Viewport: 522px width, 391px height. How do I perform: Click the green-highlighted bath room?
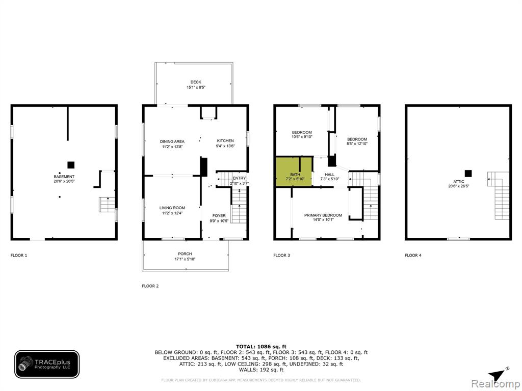tap(294, 172)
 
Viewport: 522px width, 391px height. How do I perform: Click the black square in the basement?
tap(71, 165)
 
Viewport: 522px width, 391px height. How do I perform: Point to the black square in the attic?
tap(468, 173)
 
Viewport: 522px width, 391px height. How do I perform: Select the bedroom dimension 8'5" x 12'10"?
tap(357, 144)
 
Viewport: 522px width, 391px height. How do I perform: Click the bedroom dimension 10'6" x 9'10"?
tap(302, 136)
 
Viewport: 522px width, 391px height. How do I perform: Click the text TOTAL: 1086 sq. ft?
tap(261, 346)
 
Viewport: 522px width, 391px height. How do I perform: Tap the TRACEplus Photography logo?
tap(47, 365)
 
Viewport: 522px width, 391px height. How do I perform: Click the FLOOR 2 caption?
tap(150, 286)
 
